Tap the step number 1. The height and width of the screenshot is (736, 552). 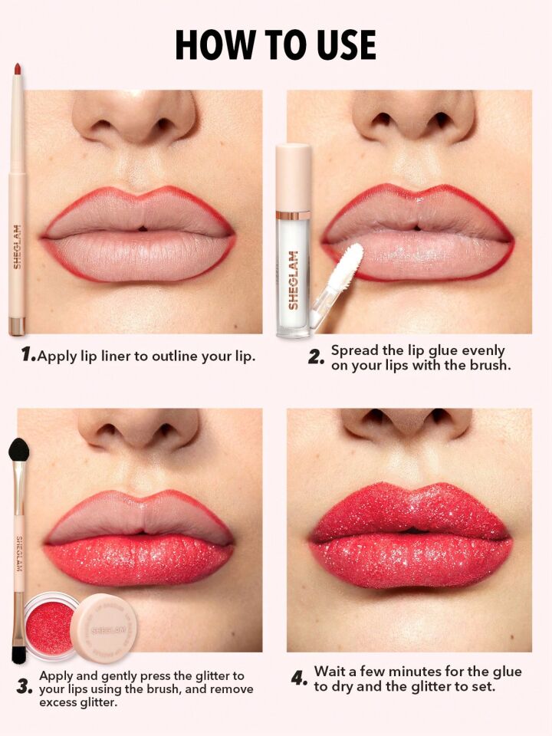(x=28, y=354)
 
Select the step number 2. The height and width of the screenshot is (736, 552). (x=316, y=357)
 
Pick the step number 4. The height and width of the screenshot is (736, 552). (x=299, y=678)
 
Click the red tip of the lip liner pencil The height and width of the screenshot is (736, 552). (x=16, y=71)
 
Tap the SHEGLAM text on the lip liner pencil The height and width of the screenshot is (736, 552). (x=17, y=245)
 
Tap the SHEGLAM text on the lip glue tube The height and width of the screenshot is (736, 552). (x=293, y=281)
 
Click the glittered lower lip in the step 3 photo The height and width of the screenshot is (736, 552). (x=138, y=560)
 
